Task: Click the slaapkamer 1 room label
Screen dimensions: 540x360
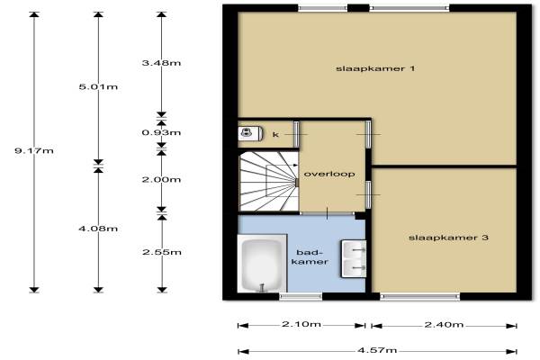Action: click(375, 68)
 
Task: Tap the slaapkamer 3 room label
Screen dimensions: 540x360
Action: click(448, 238)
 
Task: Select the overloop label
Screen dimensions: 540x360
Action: click(329, 174)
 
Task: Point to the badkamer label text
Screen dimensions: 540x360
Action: click(310, 257)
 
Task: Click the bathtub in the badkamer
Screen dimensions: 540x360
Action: click(262, 264)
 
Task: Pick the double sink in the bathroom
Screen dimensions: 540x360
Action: click(354, 258)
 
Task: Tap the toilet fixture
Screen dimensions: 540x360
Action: click(250, 133)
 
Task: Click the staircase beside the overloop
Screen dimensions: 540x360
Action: click(268, 181)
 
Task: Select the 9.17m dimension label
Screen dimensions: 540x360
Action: click(34, 150)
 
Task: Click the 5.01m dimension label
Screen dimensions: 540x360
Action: click(98, 86)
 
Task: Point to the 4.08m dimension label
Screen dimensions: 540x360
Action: click(98, 229)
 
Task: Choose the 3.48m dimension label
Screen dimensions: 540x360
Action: click(161, 63)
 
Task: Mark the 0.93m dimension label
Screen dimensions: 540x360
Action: click(161, 132)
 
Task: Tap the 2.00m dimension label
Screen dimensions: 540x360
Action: click(161, 179)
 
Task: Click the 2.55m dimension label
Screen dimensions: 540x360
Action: click(162, 252)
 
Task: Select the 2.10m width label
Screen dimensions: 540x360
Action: click(301, 324)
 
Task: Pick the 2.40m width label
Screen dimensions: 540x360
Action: click(444, 325)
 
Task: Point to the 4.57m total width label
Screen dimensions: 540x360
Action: click(377, 350)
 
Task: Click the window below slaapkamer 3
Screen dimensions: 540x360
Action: click(420, 296)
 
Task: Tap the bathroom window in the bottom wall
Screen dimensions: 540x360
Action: click(301, 296)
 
